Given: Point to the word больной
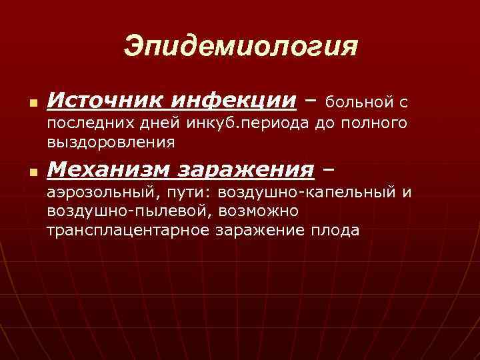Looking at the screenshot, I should point(359,103).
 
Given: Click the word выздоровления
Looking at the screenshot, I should point(111,141).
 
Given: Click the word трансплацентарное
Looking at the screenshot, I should point(129,230).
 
